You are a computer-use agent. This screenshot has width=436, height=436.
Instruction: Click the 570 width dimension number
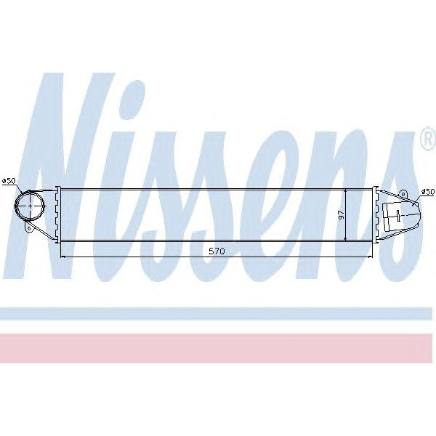coord(216,251)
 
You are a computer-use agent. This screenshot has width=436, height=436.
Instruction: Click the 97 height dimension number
coord(339,215)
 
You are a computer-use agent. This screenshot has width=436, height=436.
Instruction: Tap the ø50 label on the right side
coord(427,192)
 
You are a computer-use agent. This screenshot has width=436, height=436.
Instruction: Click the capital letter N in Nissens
coord(80,167)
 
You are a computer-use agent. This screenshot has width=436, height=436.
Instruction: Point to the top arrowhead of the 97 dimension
coord(346,190)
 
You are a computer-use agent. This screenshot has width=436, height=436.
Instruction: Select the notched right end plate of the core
coord(375,214)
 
